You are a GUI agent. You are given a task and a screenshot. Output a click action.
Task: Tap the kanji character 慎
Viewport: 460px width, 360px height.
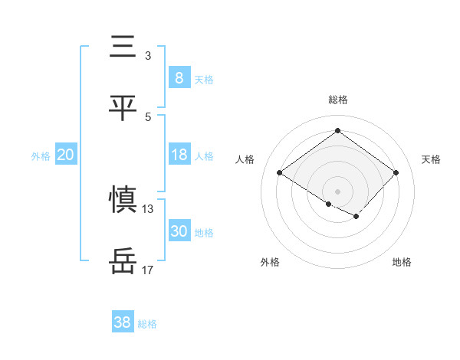point(123,200)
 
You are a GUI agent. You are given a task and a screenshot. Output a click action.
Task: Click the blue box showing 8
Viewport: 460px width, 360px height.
point(179,77)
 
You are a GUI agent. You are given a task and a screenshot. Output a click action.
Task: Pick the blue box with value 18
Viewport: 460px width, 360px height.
point(179,155)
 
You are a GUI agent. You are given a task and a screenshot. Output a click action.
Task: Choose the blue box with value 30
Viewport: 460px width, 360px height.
point(179,231)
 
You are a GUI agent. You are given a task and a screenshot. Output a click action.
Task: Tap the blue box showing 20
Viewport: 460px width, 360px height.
point(65,155)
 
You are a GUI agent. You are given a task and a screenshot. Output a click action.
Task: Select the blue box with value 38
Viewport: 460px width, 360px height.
point(123,322)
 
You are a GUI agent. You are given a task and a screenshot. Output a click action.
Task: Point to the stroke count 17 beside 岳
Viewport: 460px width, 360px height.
point(147,270)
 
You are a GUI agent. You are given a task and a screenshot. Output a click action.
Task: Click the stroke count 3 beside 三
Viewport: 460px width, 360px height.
point(147,56)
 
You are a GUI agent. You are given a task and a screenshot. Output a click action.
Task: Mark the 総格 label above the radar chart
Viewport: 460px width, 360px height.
point(338,100)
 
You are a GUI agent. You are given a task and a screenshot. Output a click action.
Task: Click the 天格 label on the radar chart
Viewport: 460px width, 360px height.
point(432,159)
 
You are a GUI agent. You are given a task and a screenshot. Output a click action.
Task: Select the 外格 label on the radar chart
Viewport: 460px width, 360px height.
point(270,262)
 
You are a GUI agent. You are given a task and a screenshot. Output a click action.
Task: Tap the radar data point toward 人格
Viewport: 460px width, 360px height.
point(280,173)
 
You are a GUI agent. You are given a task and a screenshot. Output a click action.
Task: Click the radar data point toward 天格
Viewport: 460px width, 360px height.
point(396,173)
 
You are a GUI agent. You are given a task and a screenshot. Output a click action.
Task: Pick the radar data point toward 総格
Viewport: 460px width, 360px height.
point(337,130)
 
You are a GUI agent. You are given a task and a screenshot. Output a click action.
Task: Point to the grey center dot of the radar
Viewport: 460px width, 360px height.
point(337,191)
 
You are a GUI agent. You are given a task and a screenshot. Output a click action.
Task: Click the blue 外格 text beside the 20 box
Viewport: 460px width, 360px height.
point(41,156)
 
